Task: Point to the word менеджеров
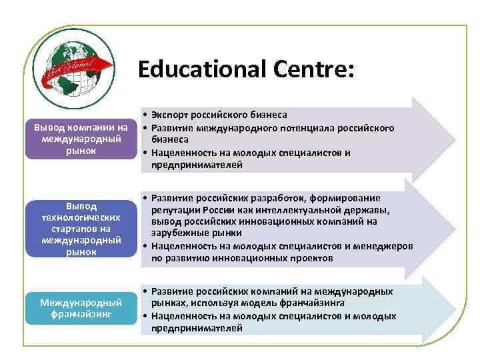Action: click(x=384, y=245)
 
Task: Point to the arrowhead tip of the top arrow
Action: click(x=455, y=139)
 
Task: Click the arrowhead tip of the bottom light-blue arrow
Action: click(x=455, y=309)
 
